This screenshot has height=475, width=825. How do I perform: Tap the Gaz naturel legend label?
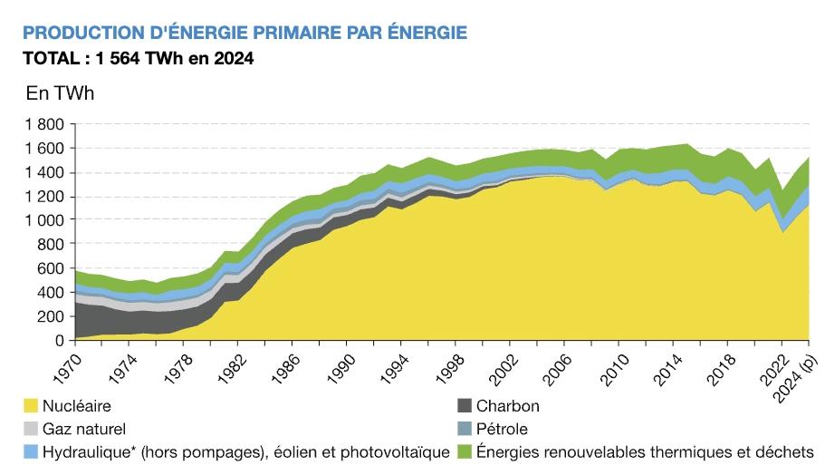click(83, 429)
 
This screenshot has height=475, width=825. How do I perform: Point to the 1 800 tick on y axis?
click(46, 124)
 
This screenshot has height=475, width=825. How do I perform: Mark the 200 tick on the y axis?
click(52, 317)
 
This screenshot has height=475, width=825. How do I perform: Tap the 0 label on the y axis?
click(59, 342)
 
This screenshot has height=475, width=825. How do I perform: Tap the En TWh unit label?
click(60, 93)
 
